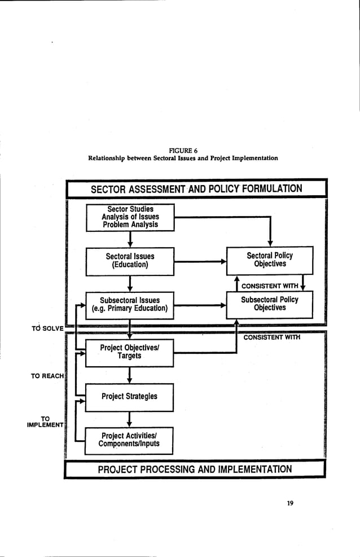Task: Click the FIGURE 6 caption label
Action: [183, 150]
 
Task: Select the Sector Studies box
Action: [130, 217]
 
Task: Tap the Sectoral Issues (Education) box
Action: [130, 260]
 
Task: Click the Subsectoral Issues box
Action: [130, 304]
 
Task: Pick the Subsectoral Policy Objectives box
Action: [270, 304]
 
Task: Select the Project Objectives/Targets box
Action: [130, 352]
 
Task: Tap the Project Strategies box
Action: [130, 396]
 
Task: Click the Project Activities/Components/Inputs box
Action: [129, 440]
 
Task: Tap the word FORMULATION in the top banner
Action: [269, 188]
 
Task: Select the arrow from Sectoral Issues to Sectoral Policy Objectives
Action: [200, 261]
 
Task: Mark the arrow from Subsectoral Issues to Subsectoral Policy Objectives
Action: [200, 305]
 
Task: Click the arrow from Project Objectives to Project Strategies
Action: [130, 375]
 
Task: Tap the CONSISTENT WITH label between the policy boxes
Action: [270, 285]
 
